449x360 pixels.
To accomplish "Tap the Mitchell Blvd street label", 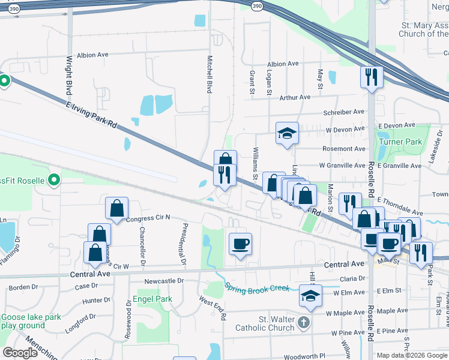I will pyautogui.click(x=210, y=74).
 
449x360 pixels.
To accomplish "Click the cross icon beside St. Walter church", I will pyautogui.click(x=306, y=323).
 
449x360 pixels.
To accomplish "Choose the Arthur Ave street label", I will pyautogui.click(x=295, y=97).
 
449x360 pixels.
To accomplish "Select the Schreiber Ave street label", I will pyautogui.click(x=344, y=112).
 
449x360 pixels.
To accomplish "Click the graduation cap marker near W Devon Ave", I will pyautogui.click(x=288, y=133).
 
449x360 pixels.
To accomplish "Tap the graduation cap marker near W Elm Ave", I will pyautogui.click(x=310, y=295).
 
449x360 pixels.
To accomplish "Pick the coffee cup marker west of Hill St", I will pyautogui.click(x=240, y=244).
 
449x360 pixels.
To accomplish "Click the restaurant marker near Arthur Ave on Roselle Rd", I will pyautogui.click(x=372, y=77).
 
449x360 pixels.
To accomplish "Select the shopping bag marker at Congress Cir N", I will pyautogui.click(x=116, y=208).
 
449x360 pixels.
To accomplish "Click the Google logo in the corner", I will pyautogui.click(x=20, y=353).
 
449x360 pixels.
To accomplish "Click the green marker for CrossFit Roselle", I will pyautogui.click(x=53, y=179).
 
